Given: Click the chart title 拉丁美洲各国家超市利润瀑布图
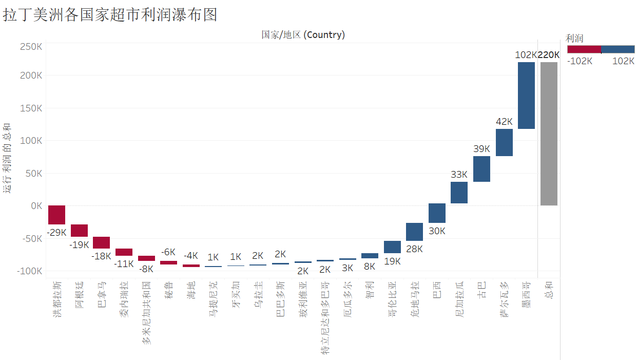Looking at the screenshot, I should tap(110, 15).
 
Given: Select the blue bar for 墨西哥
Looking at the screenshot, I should tap(526, 96).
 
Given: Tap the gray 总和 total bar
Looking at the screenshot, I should tap(549, 134).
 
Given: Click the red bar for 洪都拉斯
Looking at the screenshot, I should tap(56, 215).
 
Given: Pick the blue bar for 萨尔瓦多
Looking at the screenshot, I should tap(504, 142).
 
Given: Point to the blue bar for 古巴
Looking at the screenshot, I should tap(481, 169).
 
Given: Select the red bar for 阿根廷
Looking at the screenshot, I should tap(79, 231).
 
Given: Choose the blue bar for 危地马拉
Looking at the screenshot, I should tap(414, 232).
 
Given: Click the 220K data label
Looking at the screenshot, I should tap(549, 55).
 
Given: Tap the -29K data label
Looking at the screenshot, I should tap(56, 232).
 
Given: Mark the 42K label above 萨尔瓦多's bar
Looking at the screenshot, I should tap(504, 122).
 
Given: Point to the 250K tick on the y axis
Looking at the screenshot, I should tap(31, 47).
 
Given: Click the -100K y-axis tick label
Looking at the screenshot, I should tap(30, 271).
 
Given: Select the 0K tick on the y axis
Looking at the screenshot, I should tap(36, 206).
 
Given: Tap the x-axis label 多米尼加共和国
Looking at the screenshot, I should tap(147, 312).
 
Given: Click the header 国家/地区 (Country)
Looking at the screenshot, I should tap(303, 35).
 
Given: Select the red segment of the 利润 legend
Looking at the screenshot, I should tap(584, 49).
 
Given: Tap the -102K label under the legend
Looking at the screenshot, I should tap(580, 61).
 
